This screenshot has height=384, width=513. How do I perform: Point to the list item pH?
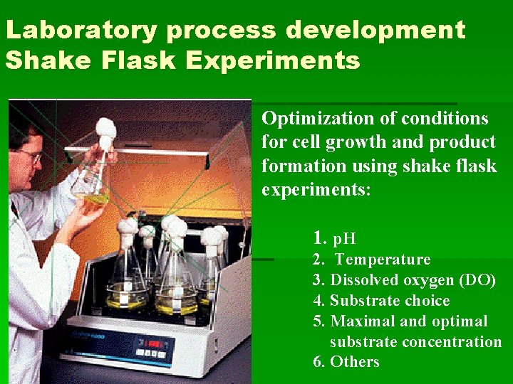tap(344, 238)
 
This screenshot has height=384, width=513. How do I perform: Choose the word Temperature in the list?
tap(383, 260)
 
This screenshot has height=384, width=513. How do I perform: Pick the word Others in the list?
tap(355, 362)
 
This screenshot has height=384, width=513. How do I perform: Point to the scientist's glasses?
tap(29, 155)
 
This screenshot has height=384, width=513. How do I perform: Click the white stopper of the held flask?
tap(106, 132)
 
